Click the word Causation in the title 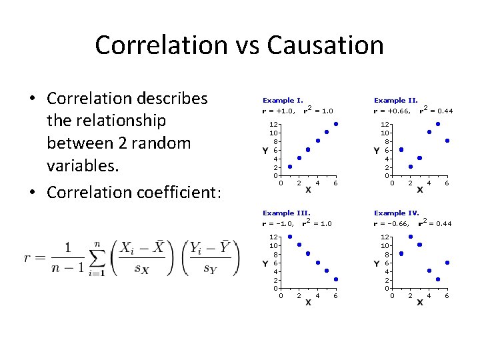tap(325, 45)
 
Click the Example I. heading tap(283, 100)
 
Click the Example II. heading tap(395, 100)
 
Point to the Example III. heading tap(286, 213)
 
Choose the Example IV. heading tap(397, 213)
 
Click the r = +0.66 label tap(394, 111)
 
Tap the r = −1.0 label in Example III tap(279, 224)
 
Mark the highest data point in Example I tap(336, 124)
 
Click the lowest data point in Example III tap(336, 279)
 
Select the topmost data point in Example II tap(438, 124)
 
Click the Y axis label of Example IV tap(377, 263)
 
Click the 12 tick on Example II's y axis tap(385, 124)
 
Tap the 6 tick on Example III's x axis tap(335, 295)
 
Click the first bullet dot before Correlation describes tap(32, 99)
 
